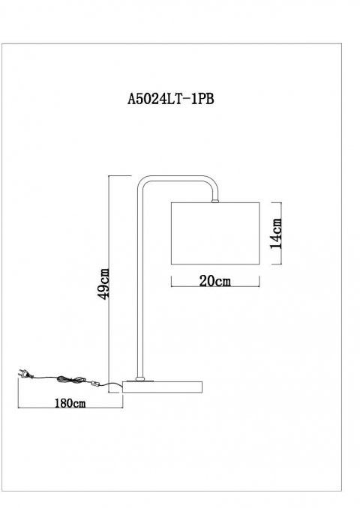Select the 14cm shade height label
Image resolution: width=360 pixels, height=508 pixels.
tap(275, 232)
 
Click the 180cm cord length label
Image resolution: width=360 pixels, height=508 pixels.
tap(68, 403)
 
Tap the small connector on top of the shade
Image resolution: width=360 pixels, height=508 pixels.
tap(215, 200)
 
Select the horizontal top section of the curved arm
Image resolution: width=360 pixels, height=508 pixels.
tap(176, 178)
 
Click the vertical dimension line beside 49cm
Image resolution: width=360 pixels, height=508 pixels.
tap(110, 225)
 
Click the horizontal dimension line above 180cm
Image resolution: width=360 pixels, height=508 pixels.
tap(68, 395)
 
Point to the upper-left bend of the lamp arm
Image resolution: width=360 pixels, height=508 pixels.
tap(142, 183)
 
